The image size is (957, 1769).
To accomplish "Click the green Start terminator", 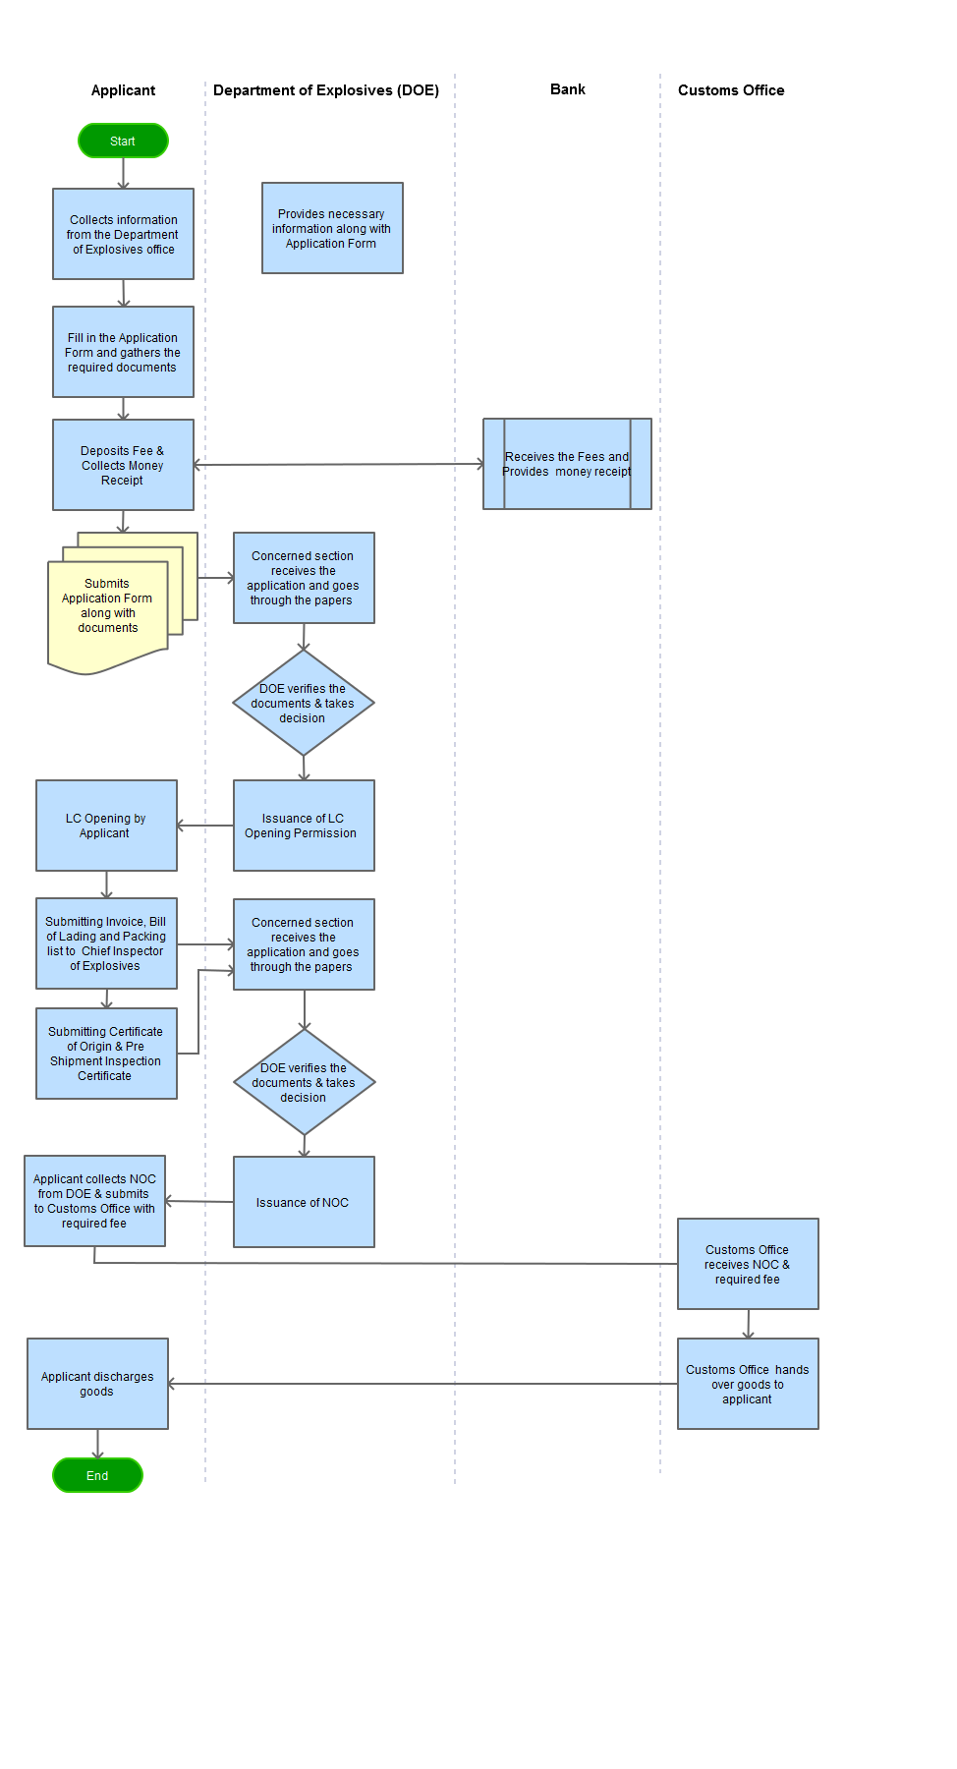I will click(x=123, y=141).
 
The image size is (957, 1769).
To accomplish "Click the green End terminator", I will click(x=97, y=1475).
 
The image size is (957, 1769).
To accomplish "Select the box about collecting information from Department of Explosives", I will click(x=123, y=234).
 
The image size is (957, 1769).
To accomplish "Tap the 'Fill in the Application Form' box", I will click(x=123, y=352).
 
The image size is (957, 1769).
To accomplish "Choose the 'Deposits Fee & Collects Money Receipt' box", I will click(x=123, y=465).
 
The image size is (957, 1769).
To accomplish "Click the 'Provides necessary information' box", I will click(x=332, y=228).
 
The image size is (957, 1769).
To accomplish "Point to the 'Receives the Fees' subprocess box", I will click(x=567, y=464).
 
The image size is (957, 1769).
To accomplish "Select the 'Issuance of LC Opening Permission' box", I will click(x=304, y=826).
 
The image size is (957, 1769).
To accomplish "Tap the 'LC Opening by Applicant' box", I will click(x=106, y=826).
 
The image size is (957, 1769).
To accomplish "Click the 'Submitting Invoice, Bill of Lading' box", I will click(x=106, y=943).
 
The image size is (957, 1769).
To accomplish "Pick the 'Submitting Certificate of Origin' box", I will click(x=106, y=1054).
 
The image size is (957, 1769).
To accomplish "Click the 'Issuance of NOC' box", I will click(x=304, y=1202).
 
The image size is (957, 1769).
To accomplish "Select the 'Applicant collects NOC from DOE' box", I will click(x=94, y=1201).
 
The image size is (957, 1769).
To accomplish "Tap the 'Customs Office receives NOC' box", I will click(x=748, y=1264).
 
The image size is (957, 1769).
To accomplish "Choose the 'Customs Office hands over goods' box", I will click(x=748, y=1384).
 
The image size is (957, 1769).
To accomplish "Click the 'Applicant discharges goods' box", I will click(x=97, y=1384).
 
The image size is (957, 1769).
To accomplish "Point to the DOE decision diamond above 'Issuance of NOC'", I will click(x=304, y=1082).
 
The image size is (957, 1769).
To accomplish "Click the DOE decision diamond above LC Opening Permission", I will click(x=304, y=703).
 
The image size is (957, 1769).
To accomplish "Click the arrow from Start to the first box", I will click(x=123, y=173).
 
